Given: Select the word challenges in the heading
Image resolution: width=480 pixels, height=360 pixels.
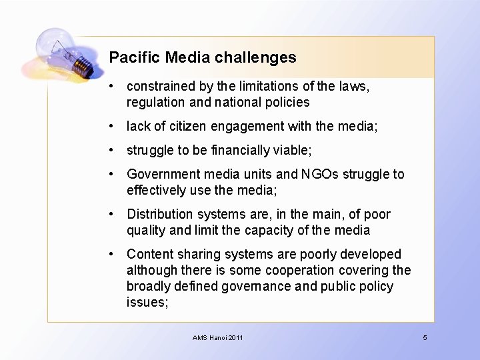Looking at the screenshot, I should pyautogui.click(x=256, y=57).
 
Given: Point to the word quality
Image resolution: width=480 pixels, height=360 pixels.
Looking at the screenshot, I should pyautogui.click(x=146, y=230).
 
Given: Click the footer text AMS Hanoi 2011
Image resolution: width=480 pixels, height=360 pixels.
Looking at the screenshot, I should pyautogui.click(x=218, y=338).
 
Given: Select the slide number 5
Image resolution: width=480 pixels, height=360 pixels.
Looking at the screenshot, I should pyautogui.click(x=425, y=338).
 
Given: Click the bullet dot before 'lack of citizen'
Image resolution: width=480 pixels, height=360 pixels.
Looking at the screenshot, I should pyautogui.click(x=116, y=126).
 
